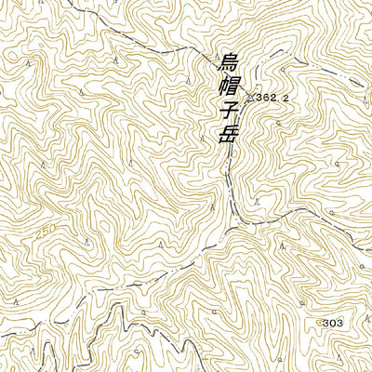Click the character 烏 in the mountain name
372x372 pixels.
coord(227,64)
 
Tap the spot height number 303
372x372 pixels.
coord(334,322)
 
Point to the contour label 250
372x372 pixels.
coord(46,228)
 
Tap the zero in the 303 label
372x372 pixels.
coord(334,322)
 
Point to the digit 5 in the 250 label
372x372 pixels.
coord(46,228)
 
